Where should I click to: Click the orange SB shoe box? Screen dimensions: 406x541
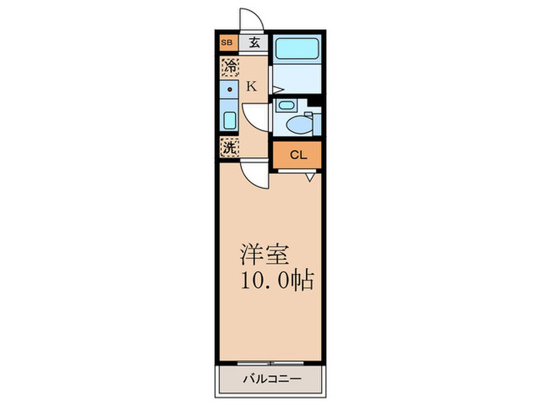[227, 43]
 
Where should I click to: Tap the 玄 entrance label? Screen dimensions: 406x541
[253, 43]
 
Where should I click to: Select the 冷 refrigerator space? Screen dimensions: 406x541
[229, 67]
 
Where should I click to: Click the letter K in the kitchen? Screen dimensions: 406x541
[250, 87]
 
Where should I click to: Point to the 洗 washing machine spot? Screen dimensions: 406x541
[229, 146]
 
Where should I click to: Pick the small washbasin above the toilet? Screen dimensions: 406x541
[286, 106]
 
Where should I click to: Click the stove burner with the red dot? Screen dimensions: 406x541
[229, 92]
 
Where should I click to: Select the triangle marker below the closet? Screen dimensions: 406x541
[309, 177]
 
